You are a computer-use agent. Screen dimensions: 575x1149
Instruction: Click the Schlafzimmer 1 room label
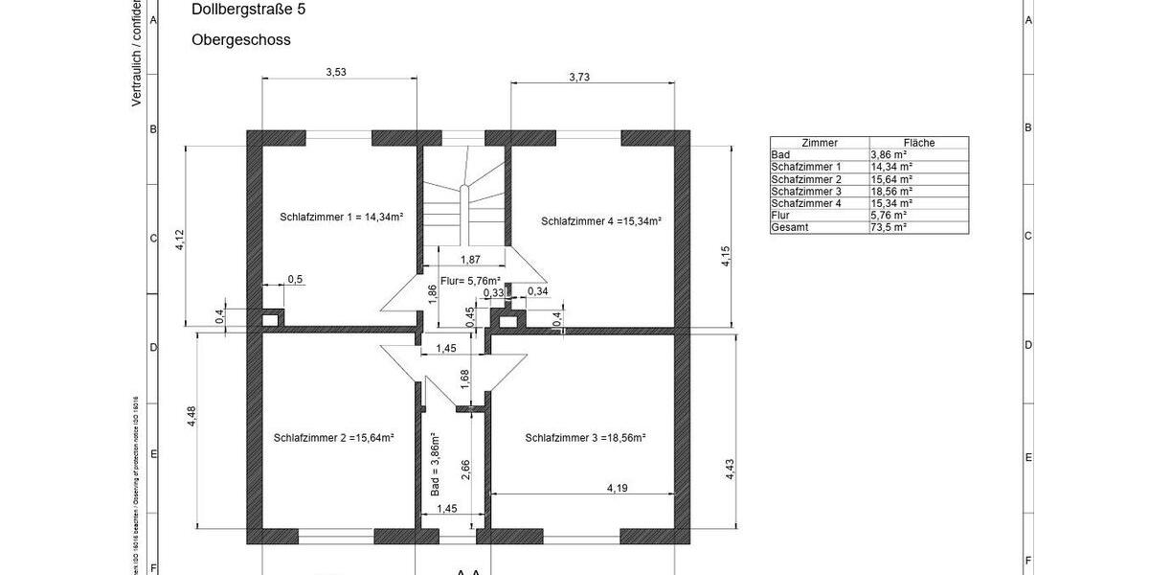click(x=341, y=218)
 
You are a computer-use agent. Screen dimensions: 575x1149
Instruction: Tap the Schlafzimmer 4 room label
click(x=601, y=220)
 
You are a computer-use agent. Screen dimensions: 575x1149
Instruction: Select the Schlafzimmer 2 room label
click(x=334, y=437)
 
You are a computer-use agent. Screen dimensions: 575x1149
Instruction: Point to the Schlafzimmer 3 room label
click(x=585, y=437)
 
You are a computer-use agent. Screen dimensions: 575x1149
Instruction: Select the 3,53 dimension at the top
click(x=336, y=72)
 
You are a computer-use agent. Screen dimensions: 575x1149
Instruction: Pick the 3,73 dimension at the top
click(x=579, y=77)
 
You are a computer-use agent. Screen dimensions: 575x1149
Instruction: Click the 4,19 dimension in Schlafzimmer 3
click(x=618, y=488)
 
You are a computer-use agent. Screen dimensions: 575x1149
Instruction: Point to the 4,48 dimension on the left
click(x=191, y=416)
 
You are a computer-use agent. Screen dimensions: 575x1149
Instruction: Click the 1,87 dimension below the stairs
click(x=470, y=260)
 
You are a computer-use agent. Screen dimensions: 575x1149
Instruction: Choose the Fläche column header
click(x=918, y=142)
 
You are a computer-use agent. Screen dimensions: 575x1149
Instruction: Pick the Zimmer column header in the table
click(x=820, y=142)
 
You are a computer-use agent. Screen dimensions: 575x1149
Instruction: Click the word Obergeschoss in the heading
click(x=241, y=40)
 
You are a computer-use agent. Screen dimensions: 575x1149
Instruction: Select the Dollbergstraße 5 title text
click(x=249, y=11)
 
